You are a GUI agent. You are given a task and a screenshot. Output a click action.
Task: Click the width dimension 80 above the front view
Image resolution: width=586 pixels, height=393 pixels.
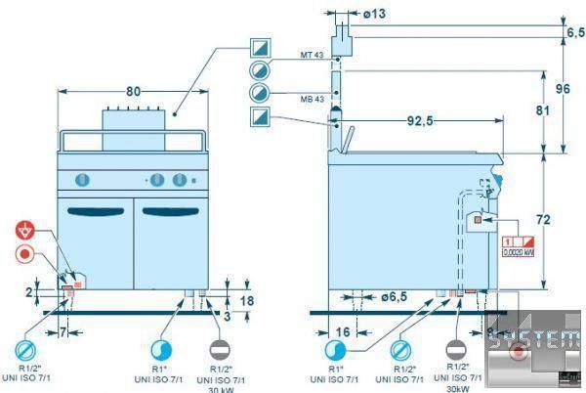pos(134,91)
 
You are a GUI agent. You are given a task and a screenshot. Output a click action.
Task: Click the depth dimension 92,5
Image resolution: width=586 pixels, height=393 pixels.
pos(421,120)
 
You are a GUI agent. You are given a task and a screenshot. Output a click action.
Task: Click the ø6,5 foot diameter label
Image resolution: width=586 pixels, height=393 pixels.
pos(395,295)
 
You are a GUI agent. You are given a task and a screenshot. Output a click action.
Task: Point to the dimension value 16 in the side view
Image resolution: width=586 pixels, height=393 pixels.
pos(344,332)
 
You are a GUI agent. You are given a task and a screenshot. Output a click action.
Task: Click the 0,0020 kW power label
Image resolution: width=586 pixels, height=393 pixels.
pos(518,251)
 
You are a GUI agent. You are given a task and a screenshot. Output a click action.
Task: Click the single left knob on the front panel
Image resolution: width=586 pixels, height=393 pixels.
pos(84,179)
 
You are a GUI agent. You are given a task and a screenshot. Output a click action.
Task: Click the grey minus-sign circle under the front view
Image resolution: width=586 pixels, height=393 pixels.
pos(223,350)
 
